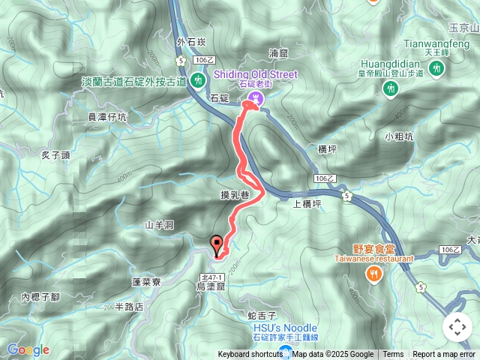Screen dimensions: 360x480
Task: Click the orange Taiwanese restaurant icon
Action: (373, 274)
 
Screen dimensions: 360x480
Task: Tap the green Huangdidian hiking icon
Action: (390, 88)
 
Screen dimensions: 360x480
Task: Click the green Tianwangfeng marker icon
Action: (436, 69)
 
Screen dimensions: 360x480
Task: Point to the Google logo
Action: (28, 349)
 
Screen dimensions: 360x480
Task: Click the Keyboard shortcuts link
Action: (250, 355)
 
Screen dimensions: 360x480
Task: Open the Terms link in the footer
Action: (393, 355)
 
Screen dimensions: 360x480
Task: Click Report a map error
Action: (444, 355)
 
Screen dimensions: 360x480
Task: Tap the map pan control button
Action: (457, 327)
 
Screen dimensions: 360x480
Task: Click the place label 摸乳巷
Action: (235, 195)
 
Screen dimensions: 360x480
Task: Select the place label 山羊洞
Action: (159, 224)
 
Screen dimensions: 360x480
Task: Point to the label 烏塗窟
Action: (211, 286)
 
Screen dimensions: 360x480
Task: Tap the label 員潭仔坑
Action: (107, 117)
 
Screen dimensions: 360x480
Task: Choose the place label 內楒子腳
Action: (40, 297)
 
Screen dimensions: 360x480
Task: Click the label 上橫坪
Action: (307, 202)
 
